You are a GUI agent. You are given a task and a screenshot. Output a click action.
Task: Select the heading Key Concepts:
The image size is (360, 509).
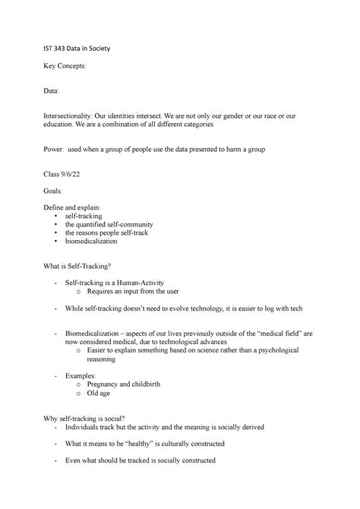click(x=65, y=67)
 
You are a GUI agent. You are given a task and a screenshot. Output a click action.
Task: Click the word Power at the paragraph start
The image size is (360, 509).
click(x=55, y=151)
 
